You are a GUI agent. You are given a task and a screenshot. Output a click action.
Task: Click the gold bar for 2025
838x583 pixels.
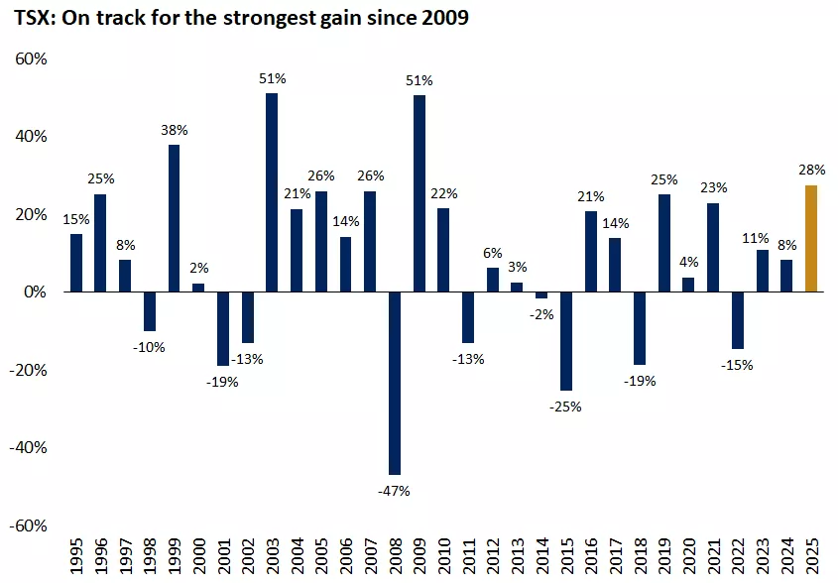[811, 239]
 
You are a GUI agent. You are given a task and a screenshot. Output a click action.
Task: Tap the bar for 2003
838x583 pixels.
[272, 192]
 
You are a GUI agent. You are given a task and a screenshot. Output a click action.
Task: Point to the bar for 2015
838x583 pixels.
[566, 341]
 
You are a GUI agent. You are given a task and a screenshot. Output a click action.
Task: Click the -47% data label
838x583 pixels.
[394, 490]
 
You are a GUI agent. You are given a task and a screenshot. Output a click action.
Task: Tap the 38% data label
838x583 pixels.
[175, 130]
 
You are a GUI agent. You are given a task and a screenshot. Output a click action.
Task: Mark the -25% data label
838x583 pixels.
[565, 407]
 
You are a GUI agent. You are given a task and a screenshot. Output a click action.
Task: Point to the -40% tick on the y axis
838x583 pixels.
[28, 447]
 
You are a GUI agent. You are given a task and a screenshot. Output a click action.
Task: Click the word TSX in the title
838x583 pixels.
[31, 18]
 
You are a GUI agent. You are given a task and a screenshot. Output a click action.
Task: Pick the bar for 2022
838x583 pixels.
[738, 320]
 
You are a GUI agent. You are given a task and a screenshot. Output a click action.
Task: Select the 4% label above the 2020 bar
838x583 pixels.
[688, 263]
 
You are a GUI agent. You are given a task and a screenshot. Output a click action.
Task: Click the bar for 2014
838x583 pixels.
[541, 295]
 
